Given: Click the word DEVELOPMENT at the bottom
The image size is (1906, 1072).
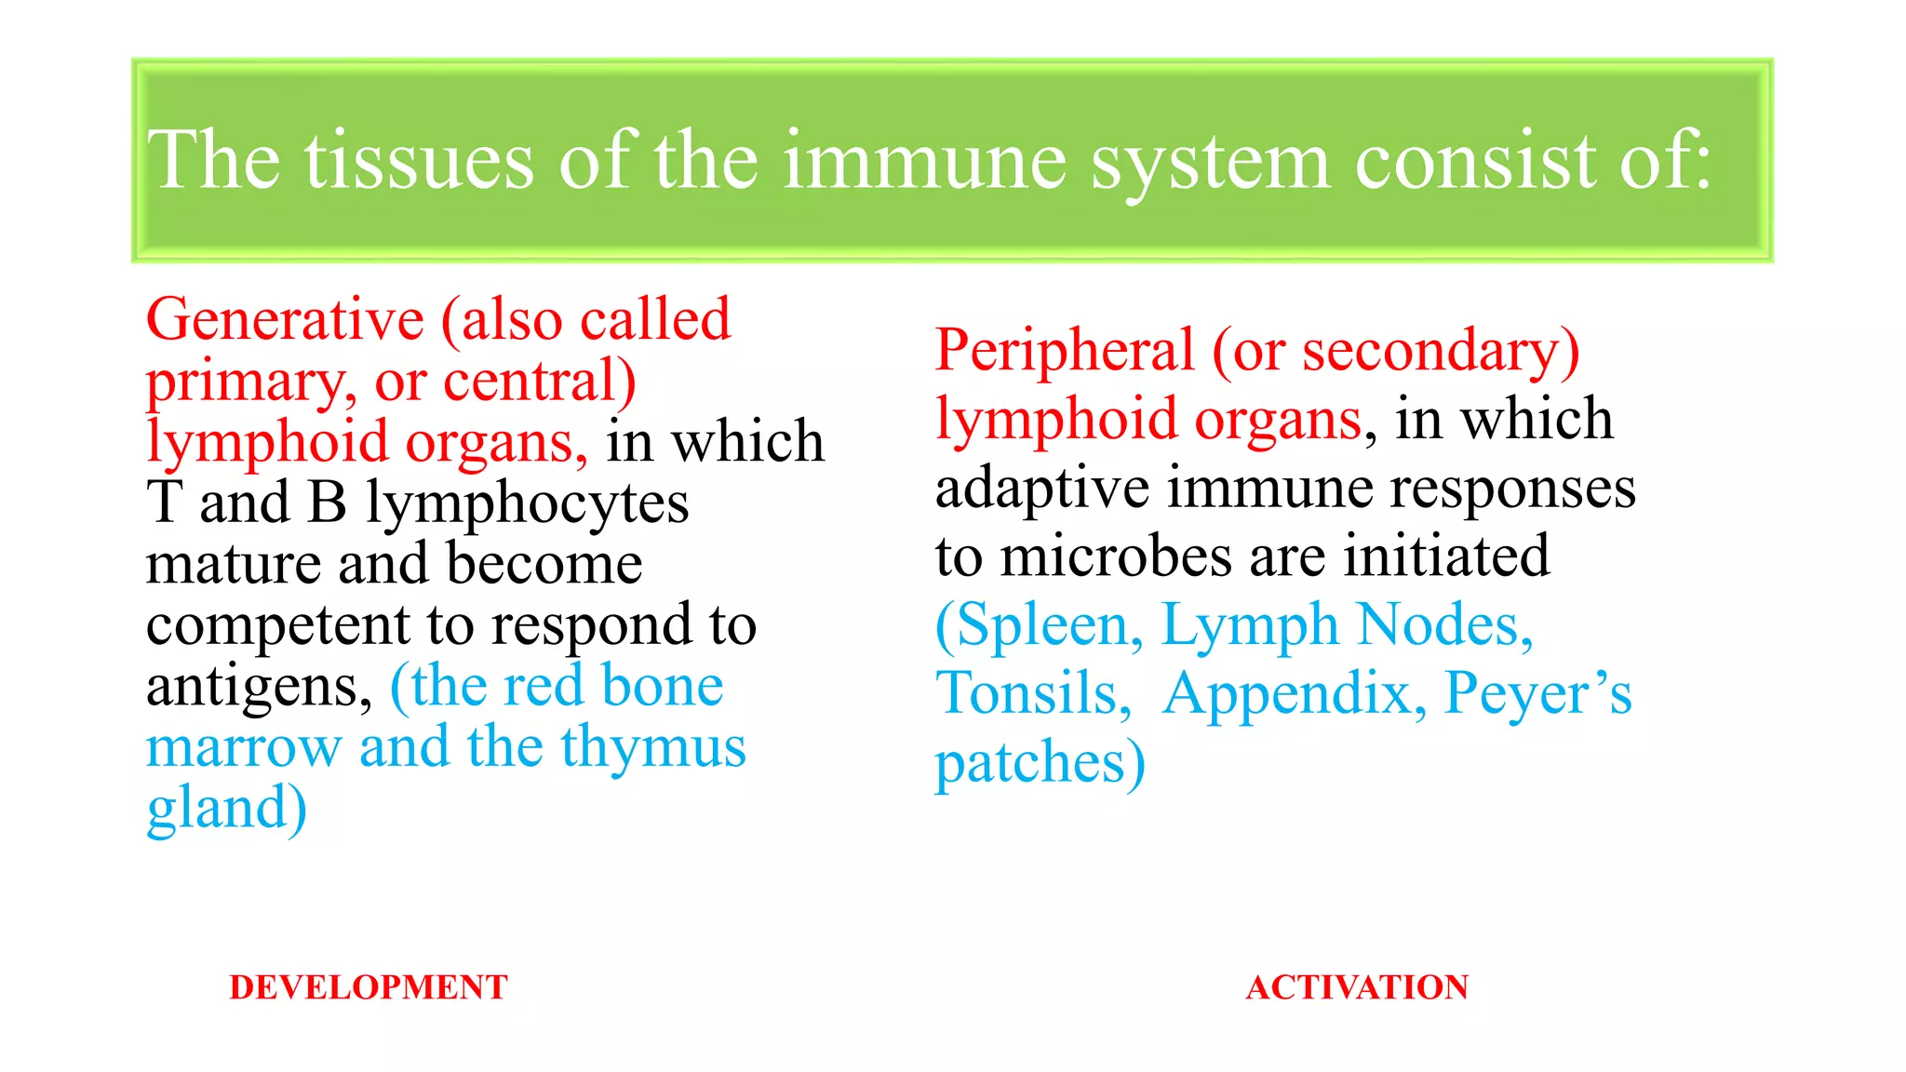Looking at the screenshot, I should (369, 987).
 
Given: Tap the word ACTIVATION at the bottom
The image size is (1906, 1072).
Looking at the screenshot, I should (1357, 987).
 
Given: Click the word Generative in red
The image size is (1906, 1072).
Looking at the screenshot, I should (285, 320).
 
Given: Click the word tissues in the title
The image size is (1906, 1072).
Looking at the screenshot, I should (419, 161).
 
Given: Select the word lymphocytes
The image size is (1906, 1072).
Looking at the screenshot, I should (527, 504).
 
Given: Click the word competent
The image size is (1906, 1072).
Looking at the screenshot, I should (277, 626).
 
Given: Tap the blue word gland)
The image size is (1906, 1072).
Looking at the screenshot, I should (227, 809).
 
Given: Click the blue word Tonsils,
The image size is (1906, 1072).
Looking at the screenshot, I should (1034, 694).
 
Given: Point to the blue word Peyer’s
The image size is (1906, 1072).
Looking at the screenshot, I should (1537, 694).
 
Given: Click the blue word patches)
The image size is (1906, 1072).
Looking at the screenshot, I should (1040, 764).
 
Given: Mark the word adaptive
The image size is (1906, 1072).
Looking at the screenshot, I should (1042, 489).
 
